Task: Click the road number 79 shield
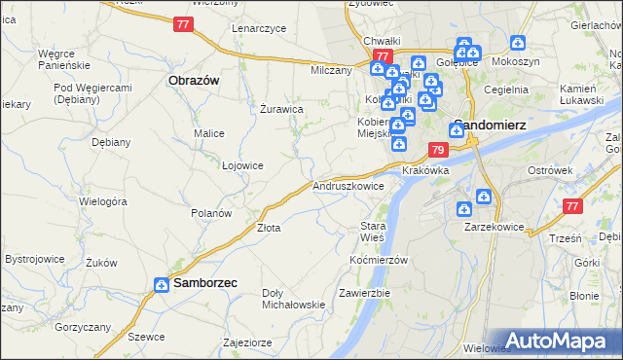pyautogui.click(x=437, y=150)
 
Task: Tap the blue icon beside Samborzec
pyautogui.click(x=162, y=284)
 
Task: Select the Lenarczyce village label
pyautogui.click(x=258, y=28)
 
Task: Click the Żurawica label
pyautogui.click(x=281, y=109)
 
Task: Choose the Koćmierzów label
pyautogui.click(x=378, y=261)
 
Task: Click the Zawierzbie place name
pyautogui.click(x=364, y=293)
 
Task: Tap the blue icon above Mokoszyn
pyautogui.click(x=518, y=44)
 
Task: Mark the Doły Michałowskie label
pyautogui.click(x=293, y=299)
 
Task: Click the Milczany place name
pyautogui.click(x=330, y=71)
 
